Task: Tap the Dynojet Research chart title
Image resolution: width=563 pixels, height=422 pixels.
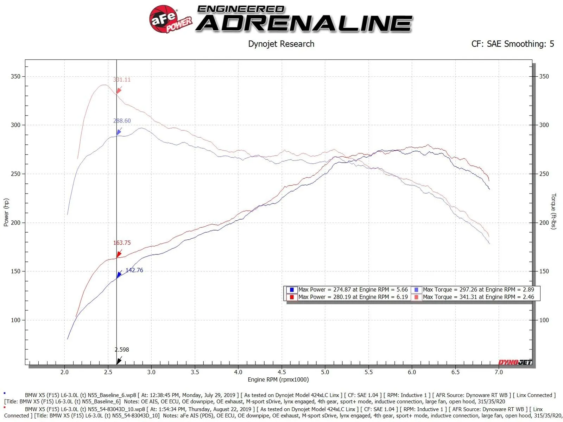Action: click(x=281, y=44)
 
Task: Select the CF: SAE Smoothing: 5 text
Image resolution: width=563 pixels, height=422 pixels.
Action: click(x=512, y=44)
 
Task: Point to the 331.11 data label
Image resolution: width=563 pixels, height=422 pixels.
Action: click(x=122, y=80)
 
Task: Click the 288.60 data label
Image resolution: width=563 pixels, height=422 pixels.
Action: click(x=122, y=121)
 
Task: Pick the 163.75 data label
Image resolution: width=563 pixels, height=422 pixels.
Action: click(x=122, y=243)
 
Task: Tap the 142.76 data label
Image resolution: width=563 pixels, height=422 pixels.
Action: click(x=134, y=270)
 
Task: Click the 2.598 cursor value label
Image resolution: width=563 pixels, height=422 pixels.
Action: click(x=122, y=349)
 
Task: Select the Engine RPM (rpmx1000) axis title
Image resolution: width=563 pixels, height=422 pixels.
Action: click(x=278, y=379)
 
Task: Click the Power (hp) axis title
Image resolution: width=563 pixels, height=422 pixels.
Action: click(x=6, y=212)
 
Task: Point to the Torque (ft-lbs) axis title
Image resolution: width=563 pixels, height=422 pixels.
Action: click(x=553, y=211)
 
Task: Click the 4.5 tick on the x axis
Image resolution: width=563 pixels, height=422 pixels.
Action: click(x=281, y=372)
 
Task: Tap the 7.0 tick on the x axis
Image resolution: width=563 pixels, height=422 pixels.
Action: click(x=499, y=372)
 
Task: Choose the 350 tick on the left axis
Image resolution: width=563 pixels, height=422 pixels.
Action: click(x=15, y=76)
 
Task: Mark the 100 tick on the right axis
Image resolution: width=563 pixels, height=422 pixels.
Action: click(x=544, y=320)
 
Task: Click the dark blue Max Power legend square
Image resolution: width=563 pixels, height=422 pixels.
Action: click(x=292, y=290)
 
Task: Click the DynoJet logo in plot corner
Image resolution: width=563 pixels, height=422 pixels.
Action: click(x=515, y=362)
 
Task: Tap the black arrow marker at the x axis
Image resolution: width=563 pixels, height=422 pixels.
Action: click(x=119, y=361)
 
